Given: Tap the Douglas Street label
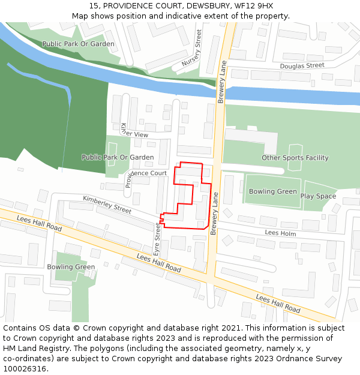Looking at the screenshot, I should pyautogui.click(x=302, y=65).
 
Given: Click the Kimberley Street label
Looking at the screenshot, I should pyautogui.click(x=107, y=204).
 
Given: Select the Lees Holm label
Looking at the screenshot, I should pyautogui.click(x=280, y=232).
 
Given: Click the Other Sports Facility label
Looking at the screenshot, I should pyautogui.click(x=295, y=158).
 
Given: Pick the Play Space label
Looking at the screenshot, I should pyautogui.click(x=318, y=196).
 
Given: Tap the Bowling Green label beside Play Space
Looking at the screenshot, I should pyautogui.click(x=273, y=191).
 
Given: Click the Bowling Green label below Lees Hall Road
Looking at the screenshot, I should pyautogui.click(x=71, y=267).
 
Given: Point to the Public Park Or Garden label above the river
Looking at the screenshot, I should pyautogui.click(x=78, y=44).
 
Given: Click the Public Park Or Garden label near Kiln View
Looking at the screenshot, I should pyautogui.click(x=118, y=157).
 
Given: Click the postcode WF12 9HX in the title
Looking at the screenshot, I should pyautogui.click(x=254, y=5).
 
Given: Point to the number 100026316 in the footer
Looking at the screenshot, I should pyautogui.click(x=25, y=369).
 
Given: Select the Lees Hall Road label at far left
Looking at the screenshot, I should pyautogui.click(x=39, y=224).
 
